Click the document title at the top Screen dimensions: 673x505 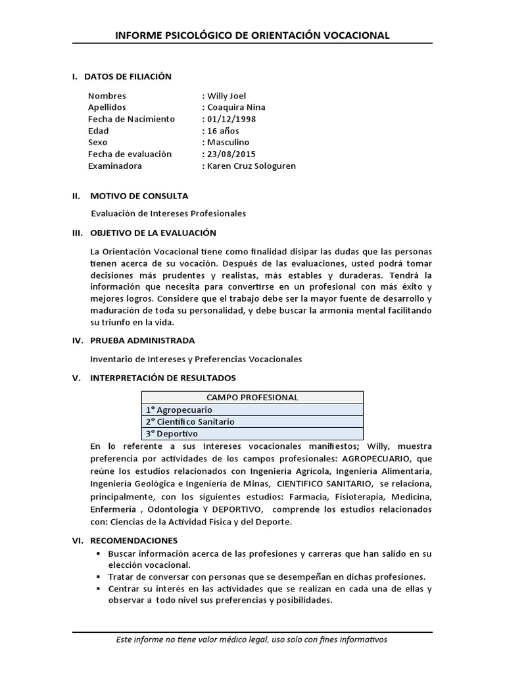[x=252, y=35]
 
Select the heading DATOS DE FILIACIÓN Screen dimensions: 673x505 [x=128, y=76]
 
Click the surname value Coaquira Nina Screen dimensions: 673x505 [x=236, y=107]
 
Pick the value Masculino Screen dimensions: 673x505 [x=228, y=142]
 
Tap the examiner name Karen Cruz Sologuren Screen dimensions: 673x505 [x=251, y=166]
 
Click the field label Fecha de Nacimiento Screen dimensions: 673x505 [x=131, y=119]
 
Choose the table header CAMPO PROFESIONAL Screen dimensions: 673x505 [x=252, y=397]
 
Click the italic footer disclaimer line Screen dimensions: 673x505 [x=252, y=639]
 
